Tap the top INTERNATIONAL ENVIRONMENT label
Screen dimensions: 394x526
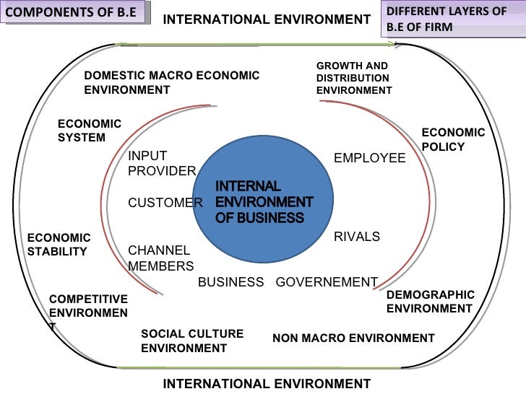coord(267,19)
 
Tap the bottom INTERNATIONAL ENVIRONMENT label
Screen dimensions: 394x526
coord(267,384)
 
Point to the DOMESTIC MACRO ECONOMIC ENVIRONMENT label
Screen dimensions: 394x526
coord(171,83)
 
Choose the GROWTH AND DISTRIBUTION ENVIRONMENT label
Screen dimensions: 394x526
coord(353,78)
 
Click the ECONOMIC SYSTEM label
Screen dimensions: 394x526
coord(90,131)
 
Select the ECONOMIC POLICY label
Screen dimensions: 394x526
coord(453,139)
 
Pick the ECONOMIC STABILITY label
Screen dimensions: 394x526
coord(59,245)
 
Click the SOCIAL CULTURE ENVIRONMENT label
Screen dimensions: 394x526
coord(192,341)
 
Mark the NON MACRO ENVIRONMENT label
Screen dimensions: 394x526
coord(353,338)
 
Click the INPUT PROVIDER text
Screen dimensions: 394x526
coord(161,163)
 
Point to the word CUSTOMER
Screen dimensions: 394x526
coord(165,203)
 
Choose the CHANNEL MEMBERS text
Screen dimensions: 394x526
coord(159,258)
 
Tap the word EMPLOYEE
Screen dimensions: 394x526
coord(369,158)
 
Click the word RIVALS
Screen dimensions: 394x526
coord(356,237)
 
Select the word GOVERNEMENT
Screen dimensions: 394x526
coord(327,282)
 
